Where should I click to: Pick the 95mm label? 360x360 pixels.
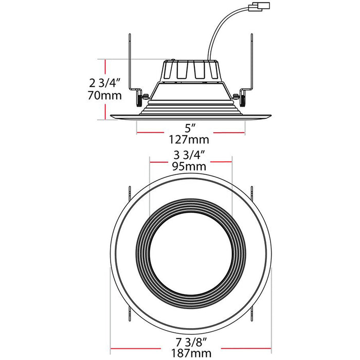[x=190, y=166]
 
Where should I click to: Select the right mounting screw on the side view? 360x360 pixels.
[x=237, y=96]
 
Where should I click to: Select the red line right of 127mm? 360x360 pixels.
[x=228, y=133]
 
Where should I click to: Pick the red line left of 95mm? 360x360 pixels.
[x=160, y=161]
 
